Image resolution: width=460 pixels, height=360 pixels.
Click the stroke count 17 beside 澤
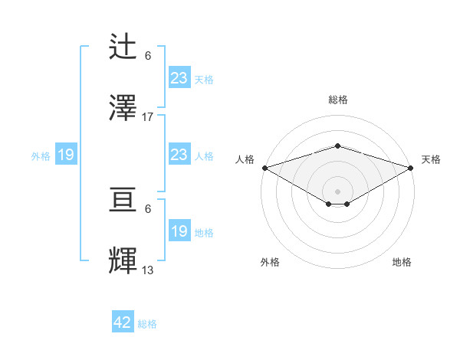pos(148,117)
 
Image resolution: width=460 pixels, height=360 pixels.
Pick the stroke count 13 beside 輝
pos(148,270)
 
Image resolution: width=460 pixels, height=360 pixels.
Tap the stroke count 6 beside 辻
pos(148,56)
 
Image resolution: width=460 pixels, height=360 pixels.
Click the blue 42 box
pos(123,322)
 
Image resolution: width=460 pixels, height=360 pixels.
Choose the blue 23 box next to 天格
pos(179,78)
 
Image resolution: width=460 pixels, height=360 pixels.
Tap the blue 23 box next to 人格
pos(179,155)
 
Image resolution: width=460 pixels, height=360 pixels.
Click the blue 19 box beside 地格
pos(179,231)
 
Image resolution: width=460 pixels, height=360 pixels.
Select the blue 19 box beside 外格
pos(66,155)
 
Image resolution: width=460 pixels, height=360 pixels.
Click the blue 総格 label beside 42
pos(147,324)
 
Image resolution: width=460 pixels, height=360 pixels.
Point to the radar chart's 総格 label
pos(337,100)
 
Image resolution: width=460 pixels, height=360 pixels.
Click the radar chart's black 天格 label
pos(431,159)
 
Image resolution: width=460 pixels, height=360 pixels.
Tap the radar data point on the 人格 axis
pos(264,167)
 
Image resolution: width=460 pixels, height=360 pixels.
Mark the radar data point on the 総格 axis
pos(337,146)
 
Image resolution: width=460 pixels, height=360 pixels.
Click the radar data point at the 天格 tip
pos(410,167)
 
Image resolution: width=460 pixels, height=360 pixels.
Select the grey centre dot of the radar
pos(337,191)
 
